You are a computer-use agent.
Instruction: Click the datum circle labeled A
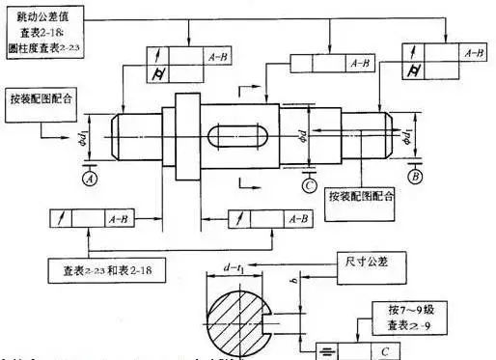[x=90, y=178]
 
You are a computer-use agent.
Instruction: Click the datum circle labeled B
[x=414, y=176]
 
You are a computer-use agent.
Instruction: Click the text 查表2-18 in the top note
[x=45, y=31]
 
